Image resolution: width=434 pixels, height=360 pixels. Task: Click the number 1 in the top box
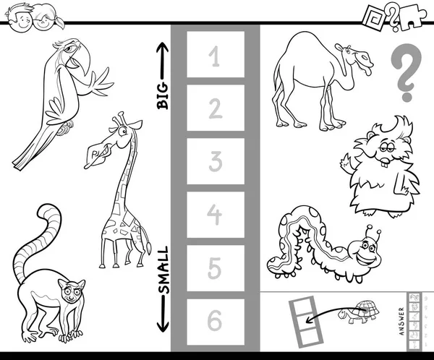coord(214,56)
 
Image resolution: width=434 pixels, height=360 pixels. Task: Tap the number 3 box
coord(216,161)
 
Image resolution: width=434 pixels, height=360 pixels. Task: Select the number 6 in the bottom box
coord(215,320)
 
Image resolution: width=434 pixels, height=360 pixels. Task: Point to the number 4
coord(215,214)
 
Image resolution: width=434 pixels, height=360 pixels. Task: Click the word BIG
coord(163,95)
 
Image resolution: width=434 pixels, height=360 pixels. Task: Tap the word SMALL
coord(163,270)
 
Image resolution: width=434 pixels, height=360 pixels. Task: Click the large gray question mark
coord(406,72)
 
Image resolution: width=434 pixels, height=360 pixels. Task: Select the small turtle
coord(358,312)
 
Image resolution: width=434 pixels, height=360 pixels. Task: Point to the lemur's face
coord(72,291)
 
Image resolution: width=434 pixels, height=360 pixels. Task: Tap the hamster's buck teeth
coord(384,163)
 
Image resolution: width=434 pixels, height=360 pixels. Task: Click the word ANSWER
coord(402,321)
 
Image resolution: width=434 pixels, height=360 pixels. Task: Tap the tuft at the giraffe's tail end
coord(148,248)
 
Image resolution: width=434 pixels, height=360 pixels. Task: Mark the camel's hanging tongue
coord(367,72)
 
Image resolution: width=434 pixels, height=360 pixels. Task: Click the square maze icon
coord(373,17)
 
